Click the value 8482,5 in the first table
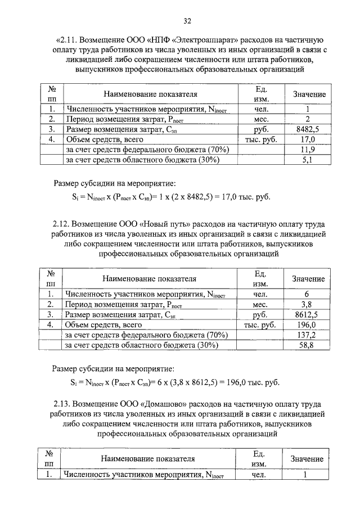[308, 129]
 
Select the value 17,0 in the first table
[308, 139]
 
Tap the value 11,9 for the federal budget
[308, 150]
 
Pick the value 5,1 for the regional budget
[308, 160]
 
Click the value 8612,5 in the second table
[307, 315]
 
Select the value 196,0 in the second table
[307, 325]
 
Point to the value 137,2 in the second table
[307, 335]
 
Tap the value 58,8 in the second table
[307, 345]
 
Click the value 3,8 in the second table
[307, 304]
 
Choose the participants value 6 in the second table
[307, 294]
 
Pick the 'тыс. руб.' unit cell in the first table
[259, 139]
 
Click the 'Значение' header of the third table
[307, 459]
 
